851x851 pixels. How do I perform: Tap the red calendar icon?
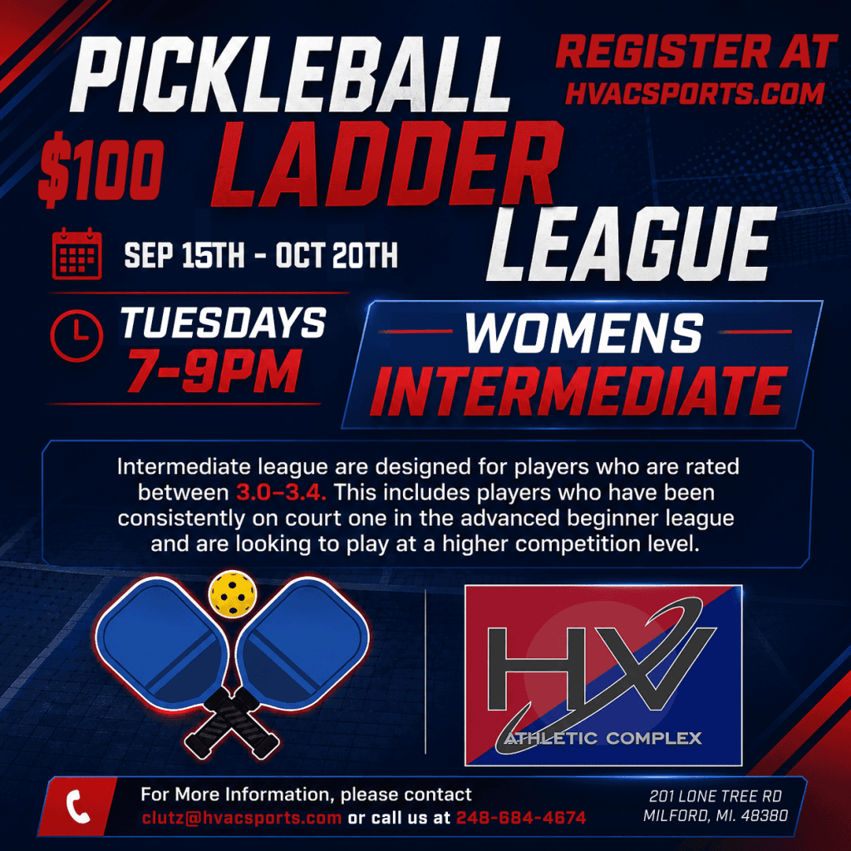[77, 253]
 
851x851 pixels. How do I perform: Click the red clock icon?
[76, 336]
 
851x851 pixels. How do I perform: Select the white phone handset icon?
[78, 806]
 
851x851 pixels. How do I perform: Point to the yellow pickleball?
[233, 593]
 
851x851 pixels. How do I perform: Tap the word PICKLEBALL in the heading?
[290, 74]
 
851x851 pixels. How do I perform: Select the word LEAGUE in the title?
[632, 244]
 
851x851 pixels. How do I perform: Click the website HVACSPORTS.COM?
[695, 93]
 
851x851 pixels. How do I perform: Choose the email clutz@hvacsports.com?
[242, 818]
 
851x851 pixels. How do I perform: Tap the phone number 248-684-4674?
[521, 818]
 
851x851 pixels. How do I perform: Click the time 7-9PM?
[214, 371]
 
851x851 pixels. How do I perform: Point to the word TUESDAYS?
[223, 322]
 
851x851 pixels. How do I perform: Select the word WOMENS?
[584, 332]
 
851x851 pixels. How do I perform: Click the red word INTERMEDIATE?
[578, 391]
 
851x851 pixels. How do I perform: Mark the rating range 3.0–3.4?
[281, 493]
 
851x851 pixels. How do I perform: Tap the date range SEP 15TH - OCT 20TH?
[261, 255]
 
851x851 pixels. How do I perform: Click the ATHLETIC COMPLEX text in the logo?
[603, 738]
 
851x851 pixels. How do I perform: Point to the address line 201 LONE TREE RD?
[716, 796]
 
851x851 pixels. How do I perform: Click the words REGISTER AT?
[696, 52]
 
